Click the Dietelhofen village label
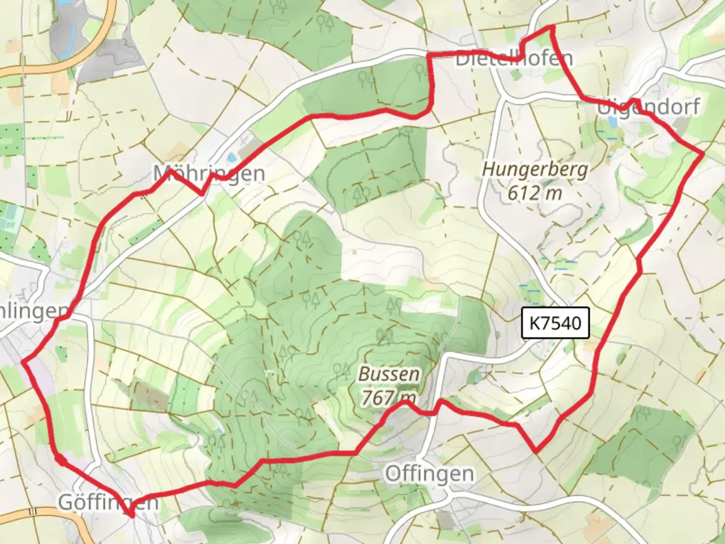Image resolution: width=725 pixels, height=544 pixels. point(514,58)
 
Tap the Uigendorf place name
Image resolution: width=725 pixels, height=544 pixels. point(648,107)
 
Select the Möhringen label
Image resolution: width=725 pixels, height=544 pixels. point(209,174)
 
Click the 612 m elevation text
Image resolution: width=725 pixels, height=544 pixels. point(535,192)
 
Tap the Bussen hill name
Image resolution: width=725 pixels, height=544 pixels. point(389,374)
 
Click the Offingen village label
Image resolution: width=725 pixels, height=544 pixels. point(429,474)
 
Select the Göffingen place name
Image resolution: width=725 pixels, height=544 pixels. point(108,502)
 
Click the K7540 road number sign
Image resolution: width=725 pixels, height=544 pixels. point(555,322)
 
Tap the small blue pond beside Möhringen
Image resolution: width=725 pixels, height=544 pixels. point(231,157)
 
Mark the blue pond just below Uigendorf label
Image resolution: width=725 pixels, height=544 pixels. point(612,122)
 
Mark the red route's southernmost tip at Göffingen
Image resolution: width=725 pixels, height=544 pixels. point(131,515)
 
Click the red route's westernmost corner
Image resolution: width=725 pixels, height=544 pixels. point(23,361)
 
